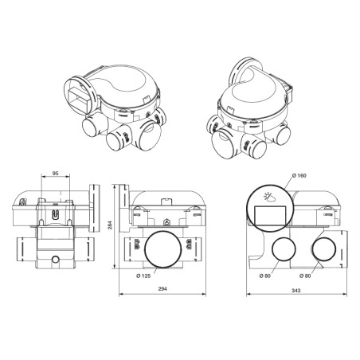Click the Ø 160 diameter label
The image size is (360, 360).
(299, 175)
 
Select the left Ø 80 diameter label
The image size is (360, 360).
(265, 276)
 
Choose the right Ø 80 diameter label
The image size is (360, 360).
(306, 276)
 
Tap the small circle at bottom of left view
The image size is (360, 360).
(53, 260)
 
